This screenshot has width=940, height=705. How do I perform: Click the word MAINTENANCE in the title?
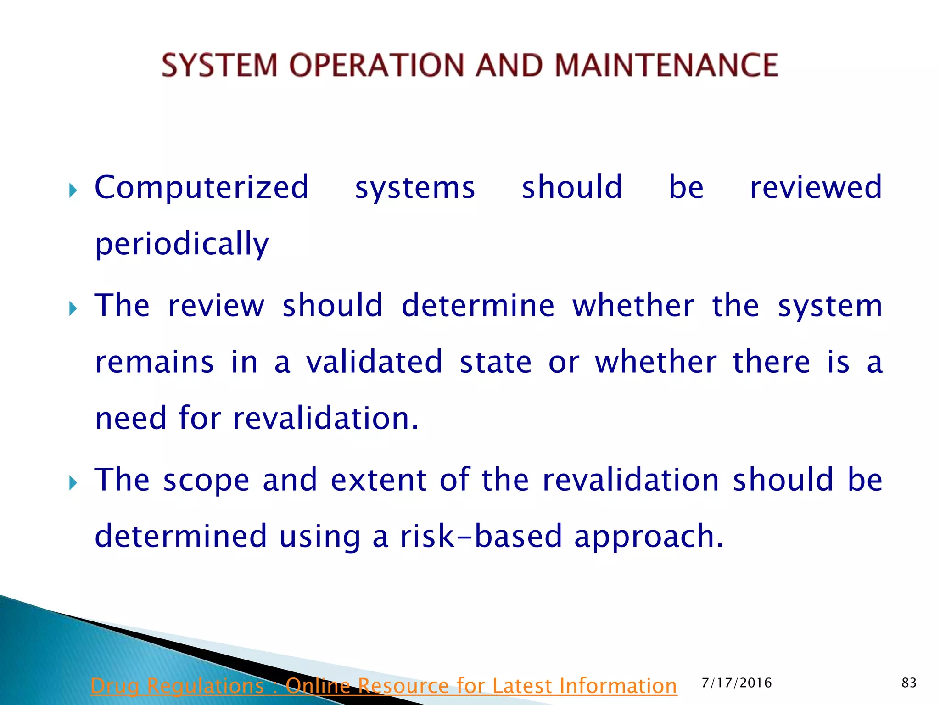[666, 65]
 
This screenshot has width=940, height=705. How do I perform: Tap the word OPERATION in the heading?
[377, 65]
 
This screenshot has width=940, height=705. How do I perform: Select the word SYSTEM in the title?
[219, 65]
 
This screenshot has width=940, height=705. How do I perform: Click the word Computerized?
[201, 188]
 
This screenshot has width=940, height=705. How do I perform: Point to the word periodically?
[182, 244]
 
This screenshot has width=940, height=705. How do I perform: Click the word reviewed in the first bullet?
[816, 188]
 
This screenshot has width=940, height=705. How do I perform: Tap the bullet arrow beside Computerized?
[73, 190]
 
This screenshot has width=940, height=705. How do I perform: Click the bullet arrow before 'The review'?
[73, 308]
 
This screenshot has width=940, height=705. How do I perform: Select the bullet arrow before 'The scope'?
[73, 483]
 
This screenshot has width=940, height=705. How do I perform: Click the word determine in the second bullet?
[478, 306]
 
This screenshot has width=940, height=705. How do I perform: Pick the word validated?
[374, 362]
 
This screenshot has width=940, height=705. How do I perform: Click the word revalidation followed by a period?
[325, 419]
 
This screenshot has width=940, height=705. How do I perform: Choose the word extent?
[379, 480]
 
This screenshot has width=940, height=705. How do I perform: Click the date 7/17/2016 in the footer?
[737, 683]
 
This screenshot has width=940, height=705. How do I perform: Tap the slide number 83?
[909, 683]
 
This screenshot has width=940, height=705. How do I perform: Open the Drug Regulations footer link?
[383, 686]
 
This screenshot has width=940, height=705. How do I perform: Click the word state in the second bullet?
[496, 362]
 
